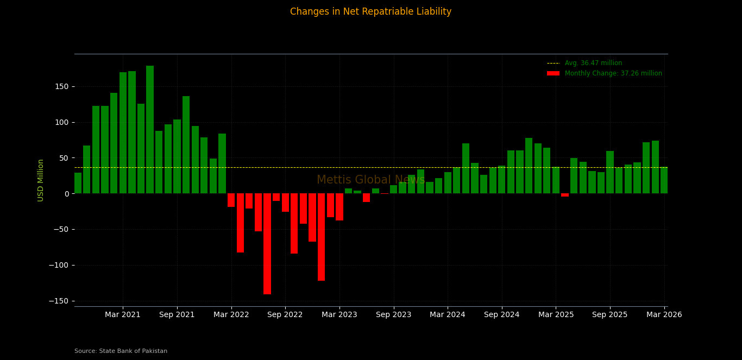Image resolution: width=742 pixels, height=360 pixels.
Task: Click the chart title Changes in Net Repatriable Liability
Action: [x=370, y=12]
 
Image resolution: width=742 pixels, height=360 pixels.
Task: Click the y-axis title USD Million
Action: [x=41, y=180]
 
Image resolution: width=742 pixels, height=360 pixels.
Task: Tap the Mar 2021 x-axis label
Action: [x=123, y=315]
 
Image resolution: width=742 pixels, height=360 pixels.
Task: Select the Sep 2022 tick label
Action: [x=285, y=315]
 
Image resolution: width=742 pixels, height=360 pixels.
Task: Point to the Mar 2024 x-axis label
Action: [x=447, y=315]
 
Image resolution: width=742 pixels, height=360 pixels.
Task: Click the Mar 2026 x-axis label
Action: [x=664, y=315]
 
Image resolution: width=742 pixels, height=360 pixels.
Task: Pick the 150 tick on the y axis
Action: [x=61, y=87]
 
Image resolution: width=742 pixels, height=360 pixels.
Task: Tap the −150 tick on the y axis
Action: [x=59, y=301]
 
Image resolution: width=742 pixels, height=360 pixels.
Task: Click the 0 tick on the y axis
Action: [x=66, y=194]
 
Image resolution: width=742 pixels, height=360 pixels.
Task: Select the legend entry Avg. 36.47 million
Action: [x=593, y=64]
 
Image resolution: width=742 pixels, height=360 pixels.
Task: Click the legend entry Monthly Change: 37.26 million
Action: [x=613, y=74]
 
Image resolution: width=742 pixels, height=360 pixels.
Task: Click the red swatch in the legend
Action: [x=553, y=74]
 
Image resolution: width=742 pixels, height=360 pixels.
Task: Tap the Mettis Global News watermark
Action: [x=370, y=180]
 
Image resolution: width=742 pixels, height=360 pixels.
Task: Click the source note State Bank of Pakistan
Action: [x=121, y=351]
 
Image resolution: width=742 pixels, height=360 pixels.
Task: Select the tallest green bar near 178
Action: [x=150, y=130]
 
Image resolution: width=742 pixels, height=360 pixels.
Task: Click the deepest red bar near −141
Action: [x=267, y=244]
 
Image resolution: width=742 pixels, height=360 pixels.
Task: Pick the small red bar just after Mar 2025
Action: [x=565, y=195]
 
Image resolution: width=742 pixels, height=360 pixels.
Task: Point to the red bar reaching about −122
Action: [x=322, y=237]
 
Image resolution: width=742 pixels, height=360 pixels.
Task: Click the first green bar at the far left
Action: [x=78, y=184]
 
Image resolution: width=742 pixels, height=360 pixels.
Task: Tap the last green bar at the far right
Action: [x=664, y=180]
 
